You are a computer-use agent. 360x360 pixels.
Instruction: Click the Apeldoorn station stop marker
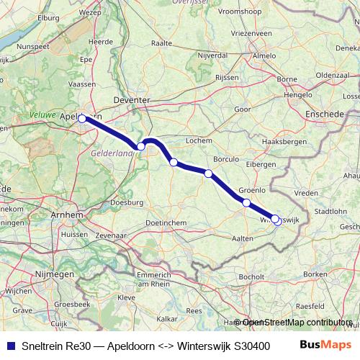[82, 119]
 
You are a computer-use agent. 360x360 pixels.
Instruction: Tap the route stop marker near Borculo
[208, 174]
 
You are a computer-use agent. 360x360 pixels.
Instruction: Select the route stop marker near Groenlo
[246, 202]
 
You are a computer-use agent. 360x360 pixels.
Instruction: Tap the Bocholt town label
[251, 276]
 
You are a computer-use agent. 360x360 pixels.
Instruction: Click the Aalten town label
[243, 237]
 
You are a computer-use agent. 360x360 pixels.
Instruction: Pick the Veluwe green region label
[42, 114]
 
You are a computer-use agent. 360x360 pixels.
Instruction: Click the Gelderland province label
[111, 153]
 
